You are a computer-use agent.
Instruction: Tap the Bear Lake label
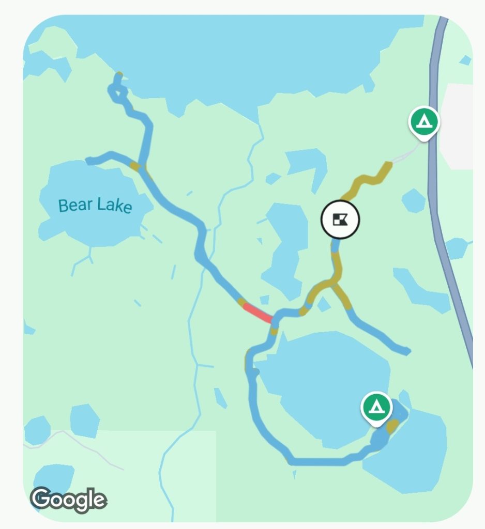tap(95, 205)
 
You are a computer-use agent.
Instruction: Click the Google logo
tap(68, 499)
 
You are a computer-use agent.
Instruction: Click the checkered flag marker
tap(340, 220)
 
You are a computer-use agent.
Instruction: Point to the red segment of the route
tap(257, 313)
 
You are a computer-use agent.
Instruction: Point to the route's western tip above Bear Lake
tap(89, 161)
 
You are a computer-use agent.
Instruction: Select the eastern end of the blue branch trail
tap(406, 351)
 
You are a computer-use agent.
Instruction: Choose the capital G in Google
tap(40, 498)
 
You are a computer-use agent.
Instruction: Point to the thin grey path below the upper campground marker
tap(407, 154)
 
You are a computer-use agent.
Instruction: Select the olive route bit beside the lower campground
tap(392, 426)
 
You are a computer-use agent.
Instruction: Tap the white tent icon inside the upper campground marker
tap(424, 121)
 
